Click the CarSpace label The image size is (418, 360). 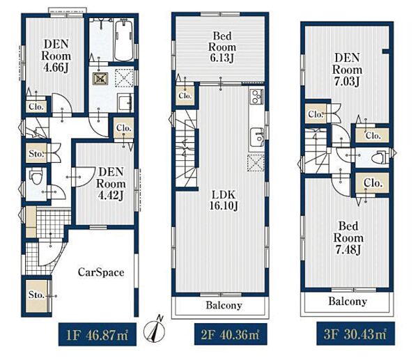pos(101,272)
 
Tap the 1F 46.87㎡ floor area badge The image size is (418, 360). pos(98,334)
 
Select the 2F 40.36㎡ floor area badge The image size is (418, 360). pos(231,334)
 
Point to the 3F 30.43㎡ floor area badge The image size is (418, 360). pos(355,334)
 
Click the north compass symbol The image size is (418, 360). pos(155,329)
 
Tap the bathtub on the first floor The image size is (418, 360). pos(124,40)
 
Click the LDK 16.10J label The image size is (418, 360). pos(224,200)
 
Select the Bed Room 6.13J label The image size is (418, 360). pos(222,47)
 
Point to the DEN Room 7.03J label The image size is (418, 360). pos(347,70)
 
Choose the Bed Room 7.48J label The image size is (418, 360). pos(348,237)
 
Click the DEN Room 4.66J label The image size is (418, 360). pos(56,56)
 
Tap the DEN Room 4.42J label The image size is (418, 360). pos(111,184)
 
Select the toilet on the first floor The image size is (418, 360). pos(36,177)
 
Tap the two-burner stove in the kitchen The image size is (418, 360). pos(256,96)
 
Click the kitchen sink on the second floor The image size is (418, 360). pos(256,136)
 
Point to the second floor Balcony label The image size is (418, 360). pos(224,306)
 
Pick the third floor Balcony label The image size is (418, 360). pos(348,302)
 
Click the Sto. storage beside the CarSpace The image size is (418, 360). pos(38,296)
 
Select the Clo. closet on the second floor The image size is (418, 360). pos(185,95)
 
